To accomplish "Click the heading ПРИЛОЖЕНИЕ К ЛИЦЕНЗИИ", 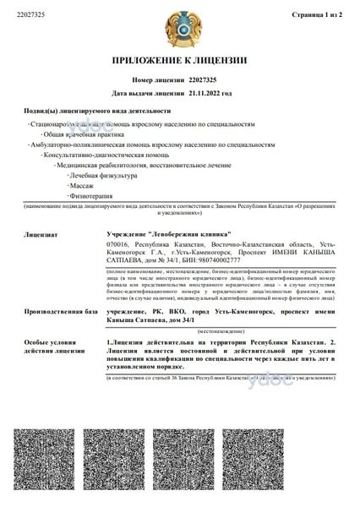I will [x=179, y=62].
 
